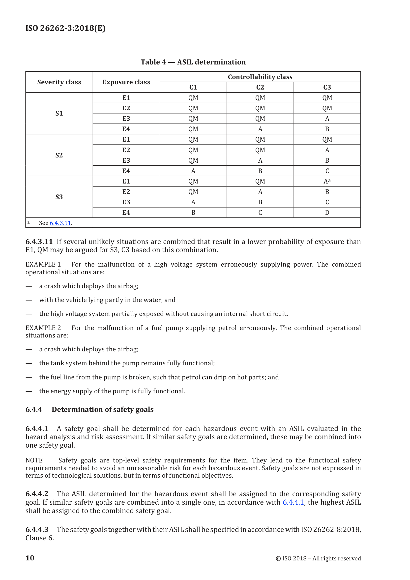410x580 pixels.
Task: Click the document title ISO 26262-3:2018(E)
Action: (65, 28)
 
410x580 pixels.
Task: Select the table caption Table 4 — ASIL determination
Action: (193, 62)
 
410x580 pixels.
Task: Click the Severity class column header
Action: (59, 82)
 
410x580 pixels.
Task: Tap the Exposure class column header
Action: (126, 82)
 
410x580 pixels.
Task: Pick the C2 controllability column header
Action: (260, 87)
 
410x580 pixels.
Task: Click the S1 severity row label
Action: (59, 113)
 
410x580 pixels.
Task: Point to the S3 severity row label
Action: (59, 197)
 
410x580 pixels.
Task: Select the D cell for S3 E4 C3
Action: (327, 213)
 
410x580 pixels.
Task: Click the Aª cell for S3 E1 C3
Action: (327, 181)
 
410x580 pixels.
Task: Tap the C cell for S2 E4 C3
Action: (327, 171)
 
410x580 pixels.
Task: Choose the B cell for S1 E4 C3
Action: (327, 129)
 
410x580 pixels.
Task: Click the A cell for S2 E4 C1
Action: (193, 171)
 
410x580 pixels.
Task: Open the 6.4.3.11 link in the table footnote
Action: (60, 223)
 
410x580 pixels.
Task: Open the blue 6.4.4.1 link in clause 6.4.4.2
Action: (293, 502)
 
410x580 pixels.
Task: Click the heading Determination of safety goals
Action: (103, 409)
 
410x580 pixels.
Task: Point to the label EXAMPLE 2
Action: (43, 328)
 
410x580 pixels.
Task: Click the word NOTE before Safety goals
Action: (34, 460)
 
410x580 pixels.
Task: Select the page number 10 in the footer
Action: (30, 558)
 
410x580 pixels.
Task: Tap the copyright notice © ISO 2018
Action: (318, 558)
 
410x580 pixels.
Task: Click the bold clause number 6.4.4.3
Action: (37, 529)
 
